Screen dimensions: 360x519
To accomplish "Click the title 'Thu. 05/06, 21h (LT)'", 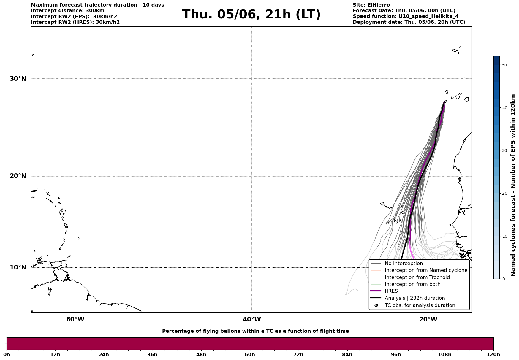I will tap(251, 15).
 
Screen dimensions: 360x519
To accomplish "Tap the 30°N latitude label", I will tap(18, 79).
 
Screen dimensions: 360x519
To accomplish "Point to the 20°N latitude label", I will tap(18, 176).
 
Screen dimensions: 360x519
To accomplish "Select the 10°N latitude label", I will tap(18, 267).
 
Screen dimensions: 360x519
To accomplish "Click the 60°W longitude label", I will tap(75, 319).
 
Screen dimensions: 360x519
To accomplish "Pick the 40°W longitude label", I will tap(252, 319).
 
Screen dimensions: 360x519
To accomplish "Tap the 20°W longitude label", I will tap(428, 319).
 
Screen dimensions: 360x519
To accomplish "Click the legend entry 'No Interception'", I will tap(404, 264).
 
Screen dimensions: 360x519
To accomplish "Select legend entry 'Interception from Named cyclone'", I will tap(426, 270).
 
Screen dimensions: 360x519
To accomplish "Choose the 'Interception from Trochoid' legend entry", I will tap(417, 277).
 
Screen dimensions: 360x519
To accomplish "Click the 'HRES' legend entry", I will tap(391, 291).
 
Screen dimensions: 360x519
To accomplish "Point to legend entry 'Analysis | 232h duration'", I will tap(414, 298).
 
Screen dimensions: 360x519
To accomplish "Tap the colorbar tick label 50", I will tap(504, 65).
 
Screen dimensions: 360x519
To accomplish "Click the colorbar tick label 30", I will tap(504, 150).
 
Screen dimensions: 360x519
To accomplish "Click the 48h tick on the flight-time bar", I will tap(201, 354).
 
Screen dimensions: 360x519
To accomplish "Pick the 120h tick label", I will tap(493, 354).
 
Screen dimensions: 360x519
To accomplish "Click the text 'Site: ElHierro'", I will tap(371, 5).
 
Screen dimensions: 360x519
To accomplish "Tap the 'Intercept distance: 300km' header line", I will tap(68, 11).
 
